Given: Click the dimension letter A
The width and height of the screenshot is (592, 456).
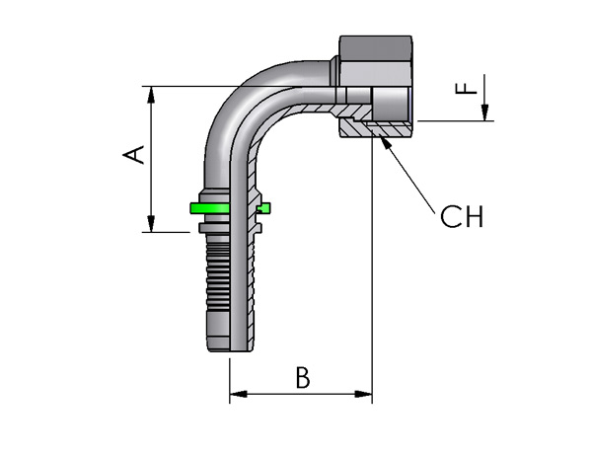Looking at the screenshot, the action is click(134, 155).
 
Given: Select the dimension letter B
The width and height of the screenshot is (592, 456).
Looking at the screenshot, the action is click(303, 377).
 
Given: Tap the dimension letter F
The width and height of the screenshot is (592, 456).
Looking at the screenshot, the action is click(467, 89).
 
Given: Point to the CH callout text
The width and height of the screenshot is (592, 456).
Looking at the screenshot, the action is click(462, 216).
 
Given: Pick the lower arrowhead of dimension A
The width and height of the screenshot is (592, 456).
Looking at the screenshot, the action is click(151, 224).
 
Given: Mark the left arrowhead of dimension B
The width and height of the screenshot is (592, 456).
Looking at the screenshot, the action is click(238, 394).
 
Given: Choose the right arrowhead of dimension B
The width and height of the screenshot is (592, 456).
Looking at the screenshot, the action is click(363, 394).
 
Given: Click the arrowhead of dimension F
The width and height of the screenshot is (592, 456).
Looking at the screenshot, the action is click(484, 113).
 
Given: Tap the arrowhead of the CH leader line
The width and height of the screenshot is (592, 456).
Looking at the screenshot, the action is click(385, 142).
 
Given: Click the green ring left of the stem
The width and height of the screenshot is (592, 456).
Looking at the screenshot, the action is click(209, 208).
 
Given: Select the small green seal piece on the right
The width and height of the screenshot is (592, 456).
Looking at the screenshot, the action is click(263, 208).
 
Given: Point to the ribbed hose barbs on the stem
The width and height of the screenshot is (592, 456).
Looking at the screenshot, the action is click(217, 277).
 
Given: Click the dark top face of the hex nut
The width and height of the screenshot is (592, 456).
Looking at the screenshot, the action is click(376, 47).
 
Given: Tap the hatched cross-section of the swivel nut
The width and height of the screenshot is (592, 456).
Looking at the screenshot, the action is click(374, 129).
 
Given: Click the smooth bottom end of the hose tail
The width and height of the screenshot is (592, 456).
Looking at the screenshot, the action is click(219, 332).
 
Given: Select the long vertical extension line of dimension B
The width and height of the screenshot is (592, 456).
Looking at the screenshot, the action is click(372, 266).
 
